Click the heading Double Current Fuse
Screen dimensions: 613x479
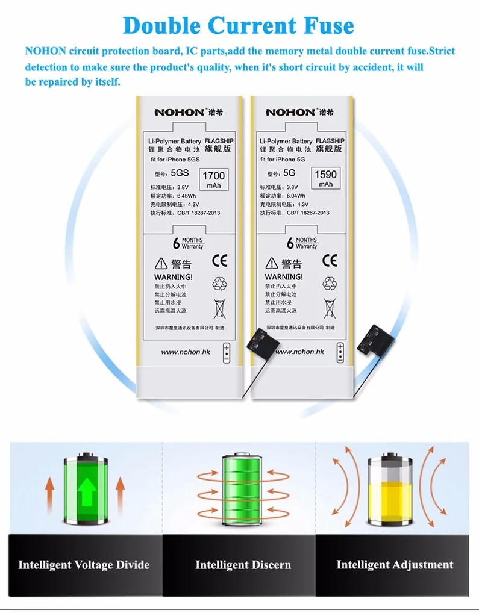point(239,26)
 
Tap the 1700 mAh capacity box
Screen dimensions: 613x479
point(213,179)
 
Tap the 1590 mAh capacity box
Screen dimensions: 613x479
point(326,178)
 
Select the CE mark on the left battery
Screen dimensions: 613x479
point(220,261)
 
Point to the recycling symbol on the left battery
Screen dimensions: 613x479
point(219,284)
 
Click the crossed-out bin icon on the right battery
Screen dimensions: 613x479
point(330,308)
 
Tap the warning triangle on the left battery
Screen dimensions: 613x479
point(161,263)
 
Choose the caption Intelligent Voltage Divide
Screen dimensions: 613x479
point(84,565)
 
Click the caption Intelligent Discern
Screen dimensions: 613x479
point(243,565)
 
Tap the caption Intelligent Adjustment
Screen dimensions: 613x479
point(395,564)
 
